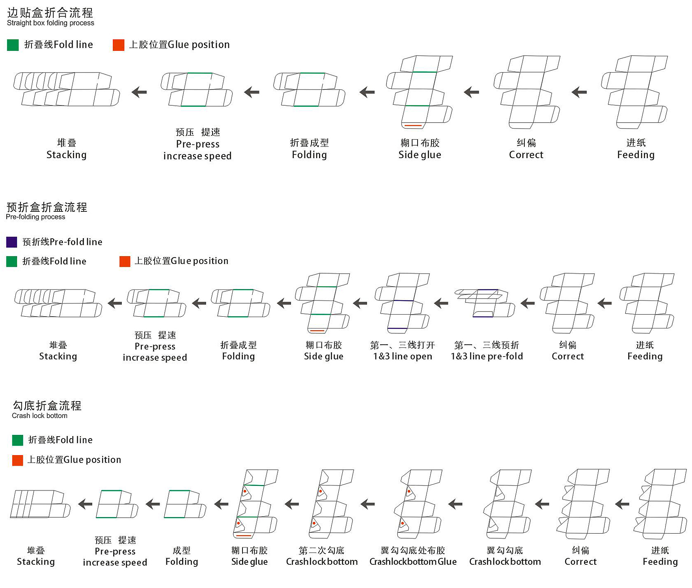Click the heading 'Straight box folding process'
point(50,23)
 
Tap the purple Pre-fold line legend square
point(12,242)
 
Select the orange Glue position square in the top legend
point(118,45)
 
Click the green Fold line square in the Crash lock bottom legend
point(18,440)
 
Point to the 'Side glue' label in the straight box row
point(420,155)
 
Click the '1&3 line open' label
point(403,357)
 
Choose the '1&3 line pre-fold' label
point(487,357)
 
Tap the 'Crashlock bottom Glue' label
point(413,562)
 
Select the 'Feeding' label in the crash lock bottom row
point(660,562)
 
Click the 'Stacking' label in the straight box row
point(66,155)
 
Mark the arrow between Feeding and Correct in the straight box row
point(579,92)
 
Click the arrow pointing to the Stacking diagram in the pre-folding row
point(115,303)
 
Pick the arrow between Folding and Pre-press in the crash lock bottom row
point(153,504)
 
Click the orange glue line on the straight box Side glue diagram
point(413,125)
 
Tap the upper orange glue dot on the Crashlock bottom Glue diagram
point(409,491)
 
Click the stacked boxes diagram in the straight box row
point(67,89)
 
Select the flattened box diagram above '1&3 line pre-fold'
point(485,303)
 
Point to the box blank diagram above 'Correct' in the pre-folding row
point(567,303)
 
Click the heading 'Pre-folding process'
point(35,217)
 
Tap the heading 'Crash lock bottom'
point(39,416)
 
